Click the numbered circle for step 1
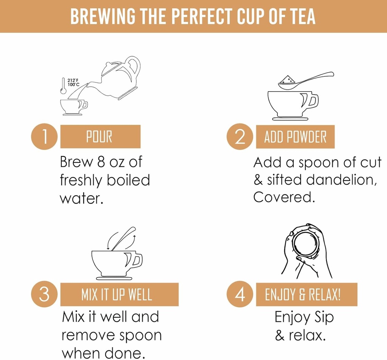point(45,137)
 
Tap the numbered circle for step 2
point(240,137)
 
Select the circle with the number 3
point(45,294)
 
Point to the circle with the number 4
point(240,294)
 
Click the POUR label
point(101,137)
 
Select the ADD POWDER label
point(295,137)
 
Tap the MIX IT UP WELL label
point(119,295)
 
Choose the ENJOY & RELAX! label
point(307,295)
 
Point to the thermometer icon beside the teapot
point(63,86)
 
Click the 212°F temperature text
point(73,81)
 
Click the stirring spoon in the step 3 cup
point(124,239)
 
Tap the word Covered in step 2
point(284,197)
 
